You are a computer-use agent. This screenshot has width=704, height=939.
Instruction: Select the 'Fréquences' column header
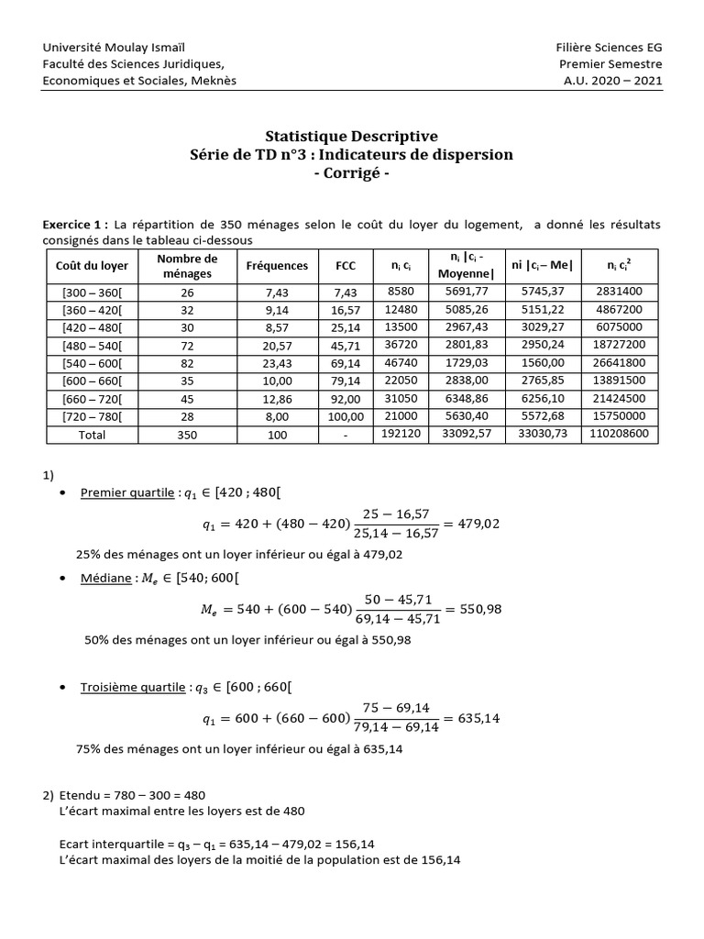277,265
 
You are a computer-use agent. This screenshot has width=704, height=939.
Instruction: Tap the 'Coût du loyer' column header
92,265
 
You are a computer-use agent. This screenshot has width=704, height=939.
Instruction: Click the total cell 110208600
625,435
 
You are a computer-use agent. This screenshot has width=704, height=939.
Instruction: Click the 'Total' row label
92,435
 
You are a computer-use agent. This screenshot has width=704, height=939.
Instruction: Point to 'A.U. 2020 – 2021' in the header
612,80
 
